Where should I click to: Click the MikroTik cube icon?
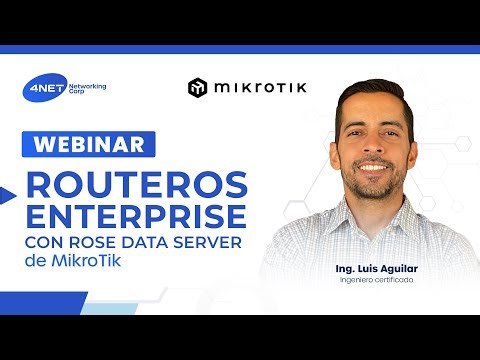point(197,88)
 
